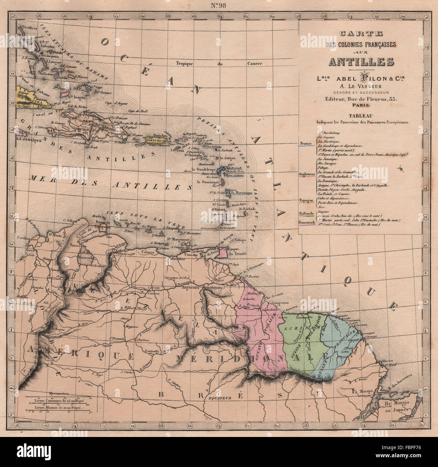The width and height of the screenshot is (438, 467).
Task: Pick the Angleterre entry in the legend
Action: coord(307,174)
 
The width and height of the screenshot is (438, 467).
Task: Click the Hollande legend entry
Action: coord(306,214)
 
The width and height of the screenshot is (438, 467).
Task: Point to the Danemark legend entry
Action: coord(306,222)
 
